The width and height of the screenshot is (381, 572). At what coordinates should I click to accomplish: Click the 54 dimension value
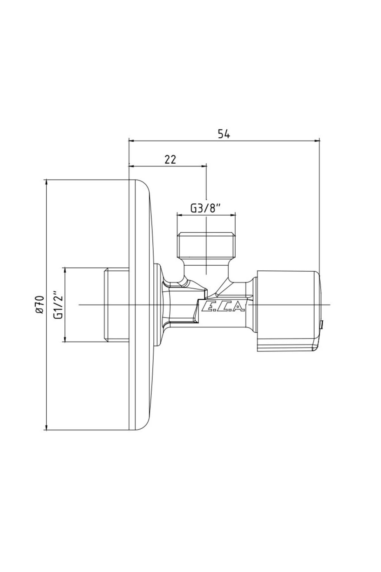coord(224,134)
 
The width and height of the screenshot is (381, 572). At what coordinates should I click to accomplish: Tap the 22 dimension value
coord(170,159)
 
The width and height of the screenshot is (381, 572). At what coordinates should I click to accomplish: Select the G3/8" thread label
coord(205,208)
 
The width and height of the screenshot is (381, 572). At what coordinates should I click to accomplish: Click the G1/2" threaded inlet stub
coord(116,305)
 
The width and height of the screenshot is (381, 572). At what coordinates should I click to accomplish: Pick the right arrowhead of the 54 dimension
coord(317,140)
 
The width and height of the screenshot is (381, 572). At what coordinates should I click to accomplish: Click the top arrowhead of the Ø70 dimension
coord(47,182)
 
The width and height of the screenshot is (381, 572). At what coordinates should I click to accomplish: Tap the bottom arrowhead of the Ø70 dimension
coord(47,428)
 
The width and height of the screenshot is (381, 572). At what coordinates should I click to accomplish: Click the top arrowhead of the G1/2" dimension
coord(65,270)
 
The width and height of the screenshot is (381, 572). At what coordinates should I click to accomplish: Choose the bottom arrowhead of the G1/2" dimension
coord(65,339)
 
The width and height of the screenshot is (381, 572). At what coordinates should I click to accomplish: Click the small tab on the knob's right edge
coord(322,324)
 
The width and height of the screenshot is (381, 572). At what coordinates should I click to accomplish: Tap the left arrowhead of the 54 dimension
coord(131,140)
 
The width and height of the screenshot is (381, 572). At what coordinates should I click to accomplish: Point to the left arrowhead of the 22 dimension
coord(131,166)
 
